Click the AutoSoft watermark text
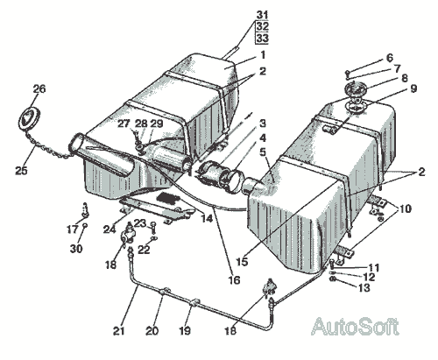(x=355, y=327)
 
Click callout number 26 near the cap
(x=39, y=89)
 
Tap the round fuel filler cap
(x=29, y=117)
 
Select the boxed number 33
(x=262, y=38)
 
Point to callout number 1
(x=263, y=55)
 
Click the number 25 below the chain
(x=21, y=171)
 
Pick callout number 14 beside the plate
(x=207, y=219)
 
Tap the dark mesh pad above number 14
(x=169, y=198)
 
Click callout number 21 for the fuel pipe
(x=119, y=331)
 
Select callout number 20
(x=152, y=331)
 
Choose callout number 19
(x=185, y=331)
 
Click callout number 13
(x=364, y=288)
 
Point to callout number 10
(x=405, y=209)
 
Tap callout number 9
(x=413, y=88)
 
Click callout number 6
(x=390, y=58)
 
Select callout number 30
(x=76, y=249)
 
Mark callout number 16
(x=234, y=280)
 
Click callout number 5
(x=263, y=152)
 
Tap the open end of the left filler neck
(x=77, y=145)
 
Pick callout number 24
(x=109, y=229)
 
